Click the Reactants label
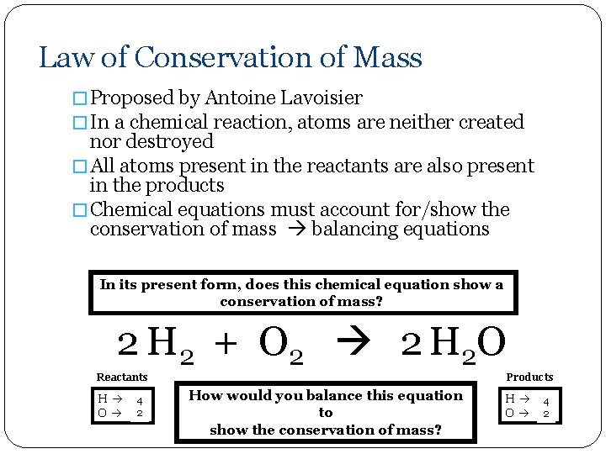click(122, 377)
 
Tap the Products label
click(529, 377)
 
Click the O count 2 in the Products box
click(546, 414)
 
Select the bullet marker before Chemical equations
click(81, 209)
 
